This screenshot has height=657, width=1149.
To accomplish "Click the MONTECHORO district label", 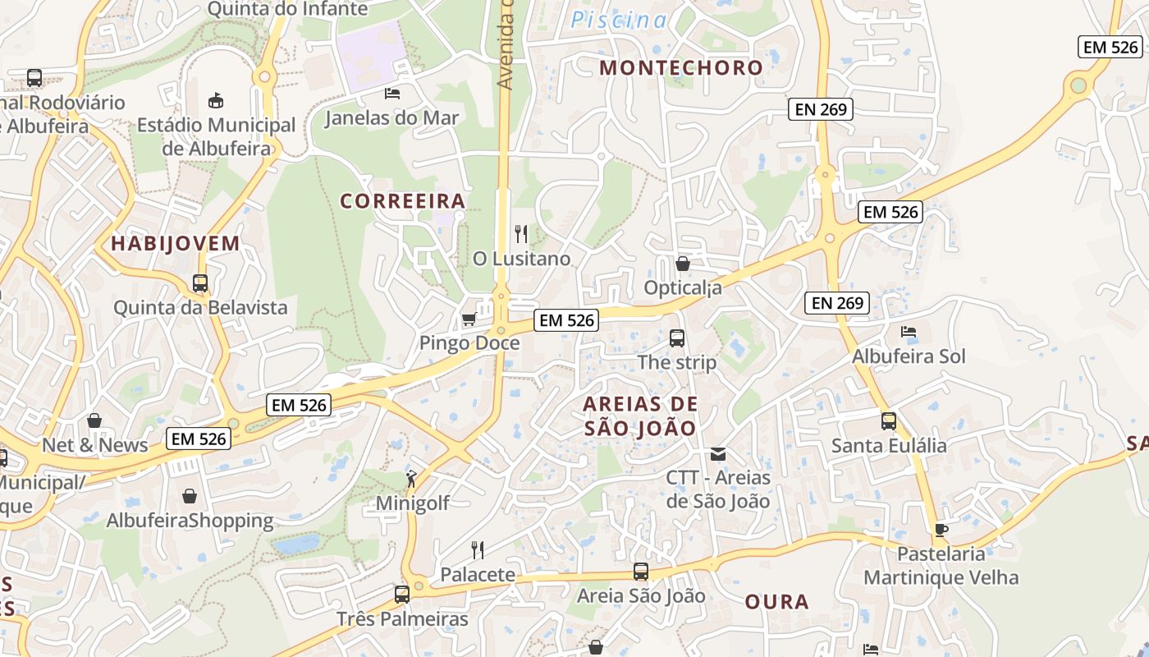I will [x=681, y=67].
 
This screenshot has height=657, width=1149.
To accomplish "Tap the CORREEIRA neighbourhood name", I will [x=402, y=201].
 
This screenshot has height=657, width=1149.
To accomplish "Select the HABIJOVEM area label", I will [x=176, y=243].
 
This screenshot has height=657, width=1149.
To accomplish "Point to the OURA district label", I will [x=776, y=602].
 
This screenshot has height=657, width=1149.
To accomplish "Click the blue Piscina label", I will [x=619, y=21].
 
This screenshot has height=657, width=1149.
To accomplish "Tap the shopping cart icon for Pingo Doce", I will [x=469, y=319].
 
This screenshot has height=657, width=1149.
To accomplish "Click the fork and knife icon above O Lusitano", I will [x=521, y=234].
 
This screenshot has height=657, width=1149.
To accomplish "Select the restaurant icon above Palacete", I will [x=478, y=549].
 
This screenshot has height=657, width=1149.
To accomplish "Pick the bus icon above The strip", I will [x=677, y=338].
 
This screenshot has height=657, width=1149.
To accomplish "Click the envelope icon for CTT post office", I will [x=718, y=453].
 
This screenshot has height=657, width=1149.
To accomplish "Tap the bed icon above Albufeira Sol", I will [x=909, y=332].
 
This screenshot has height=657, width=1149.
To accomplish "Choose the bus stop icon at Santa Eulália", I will [x=889, y=421].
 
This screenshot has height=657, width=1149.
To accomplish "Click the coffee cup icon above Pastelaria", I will [x=941, y=530].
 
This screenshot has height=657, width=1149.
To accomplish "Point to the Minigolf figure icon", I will [x=411, y=479].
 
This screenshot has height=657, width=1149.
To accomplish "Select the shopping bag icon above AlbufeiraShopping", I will [x=190, y=496].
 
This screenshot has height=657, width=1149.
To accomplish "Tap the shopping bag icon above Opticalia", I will [x=682, y=264].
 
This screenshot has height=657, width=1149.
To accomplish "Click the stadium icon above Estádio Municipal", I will [x=216, y=100].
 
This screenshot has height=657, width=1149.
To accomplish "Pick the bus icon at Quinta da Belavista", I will [x=200, y=283].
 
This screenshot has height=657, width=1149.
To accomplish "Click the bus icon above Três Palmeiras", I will [x=402, y=594].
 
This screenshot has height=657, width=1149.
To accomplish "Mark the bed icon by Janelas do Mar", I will [x=392, y=93].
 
